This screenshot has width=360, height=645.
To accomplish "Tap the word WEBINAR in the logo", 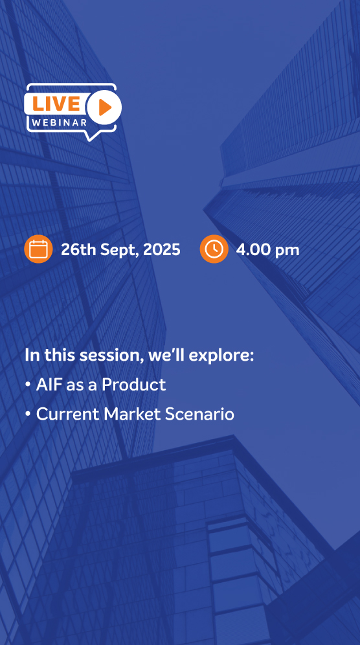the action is (x=60, y=122).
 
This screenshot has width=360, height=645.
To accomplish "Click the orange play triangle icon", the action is (x=105, y=107).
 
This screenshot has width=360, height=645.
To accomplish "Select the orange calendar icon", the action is (x=38, y=249).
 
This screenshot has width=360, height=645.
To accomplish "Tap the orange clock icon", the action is (x=214, y=249).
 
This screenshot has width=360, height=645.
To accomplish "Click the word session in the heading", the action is (x=111, y=355).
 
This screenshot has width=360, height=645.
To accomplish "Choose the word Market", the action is (x=132, y=414).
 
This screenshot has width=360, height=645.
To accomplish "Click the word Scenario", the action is (x=199, y=414).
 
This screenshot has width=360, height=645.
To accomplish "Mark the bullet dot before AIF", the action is (x=28, y=385).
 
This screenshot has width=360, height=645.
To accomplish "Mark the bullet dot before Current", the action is (x=28, y=414).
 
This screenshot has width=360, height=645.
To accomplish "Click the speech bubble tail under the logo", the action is (x=92, y=136).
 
